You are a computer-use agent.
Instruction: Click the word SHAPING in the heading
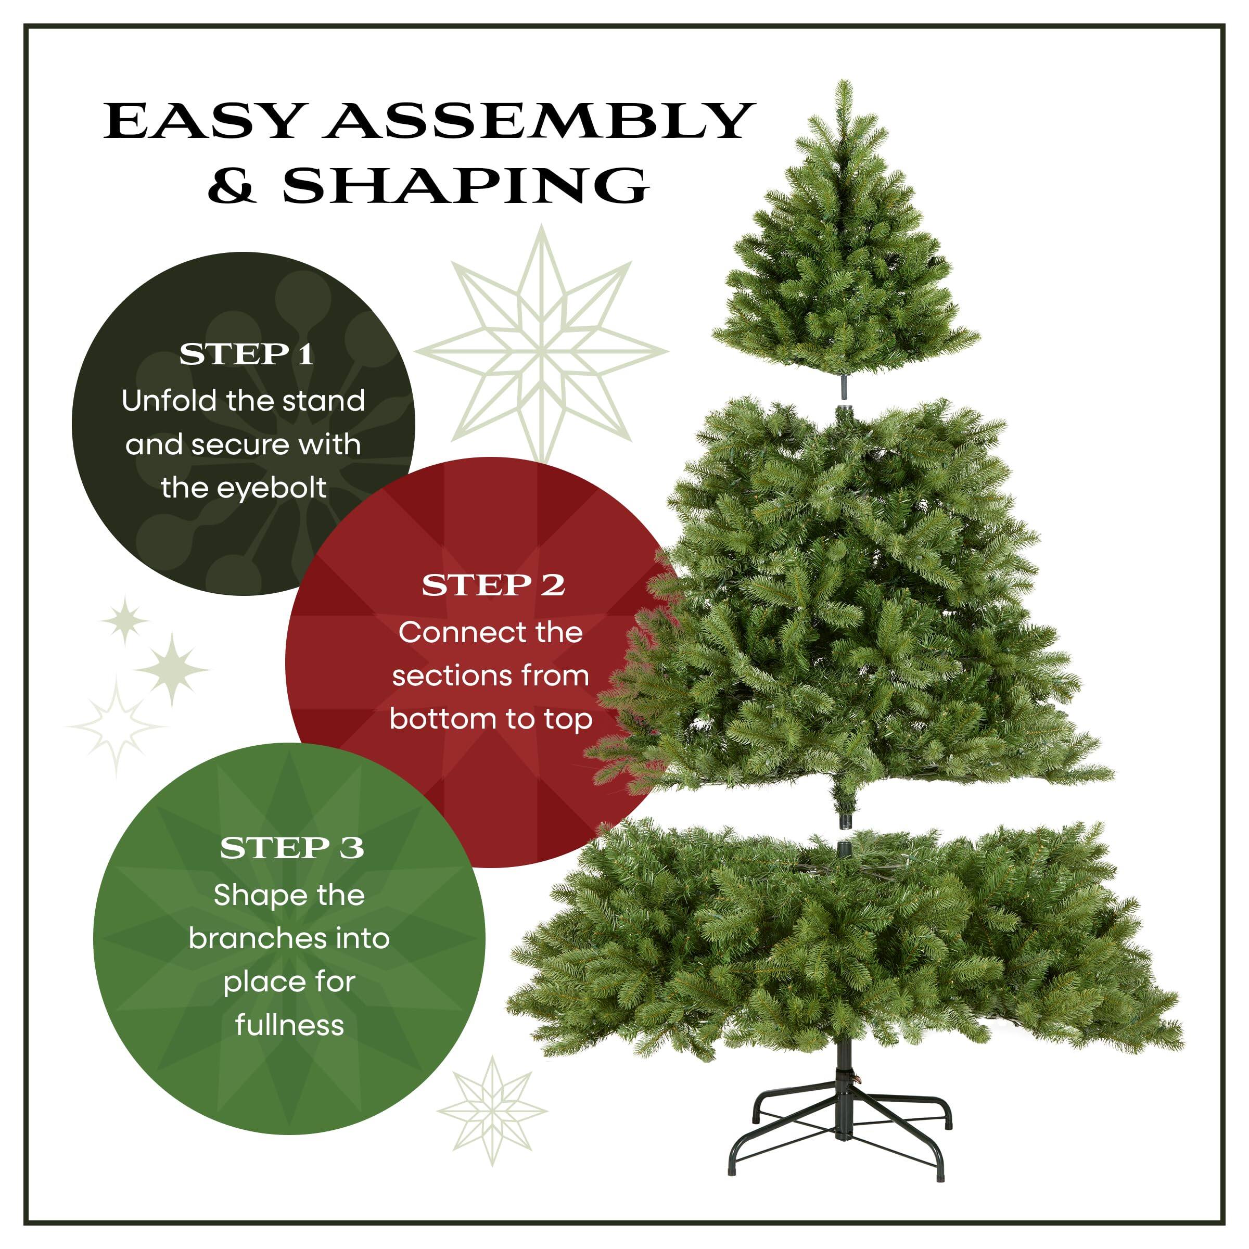point(465,186)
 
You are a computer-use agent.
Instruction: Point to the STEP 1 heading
point(246,354)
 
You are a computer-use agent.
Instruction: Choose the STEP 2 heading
point(493,585)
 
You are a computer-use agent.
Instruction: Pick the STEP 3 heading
point(291,848)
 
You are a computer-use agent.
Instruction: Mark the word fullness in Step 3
point(290,1025)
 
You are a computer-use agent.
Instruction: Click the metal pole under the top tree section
point(844,387)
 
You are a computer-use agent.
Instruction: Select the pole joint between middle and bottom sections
point(844,834)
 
